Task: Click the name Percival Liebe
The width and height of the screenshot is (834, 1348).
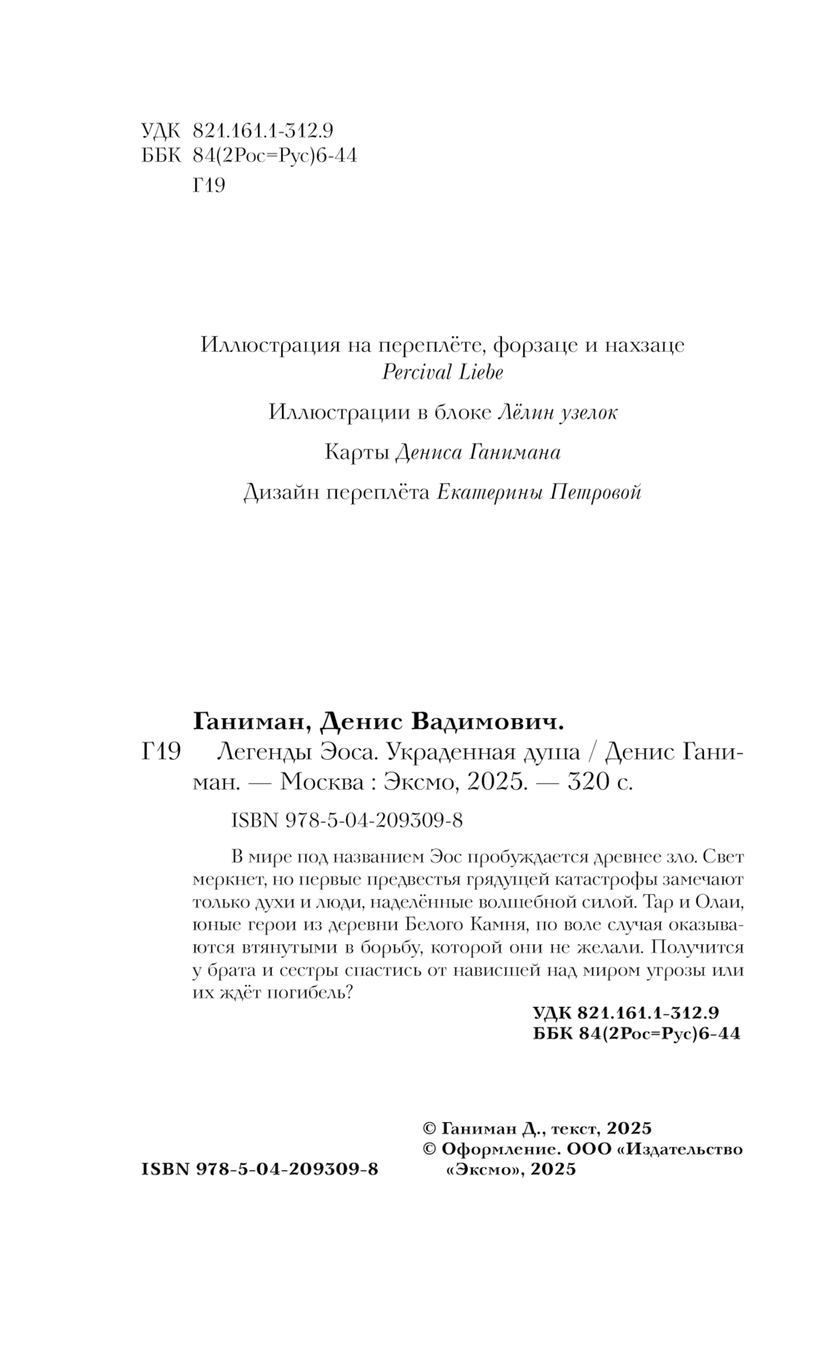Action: point(442,372)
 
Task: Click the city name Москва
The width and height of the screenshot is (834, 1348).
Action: point(321,783)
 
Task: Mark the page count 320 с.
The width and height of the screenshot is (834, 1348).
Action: point(599,783)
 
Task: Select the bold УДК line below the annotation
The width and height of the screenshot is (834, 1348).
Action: point(625,1013)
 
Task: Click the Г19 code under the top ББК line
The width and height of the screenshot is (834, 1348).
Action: point(208,185)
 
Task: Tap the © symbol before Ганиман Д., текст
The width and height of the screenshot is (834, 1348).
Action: point(431,1129)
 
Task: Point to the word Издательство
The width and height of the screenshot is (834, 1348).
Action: point(681,1149)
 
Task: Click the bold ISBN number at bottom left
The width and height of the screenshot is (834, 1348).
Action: point(260,1169)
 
